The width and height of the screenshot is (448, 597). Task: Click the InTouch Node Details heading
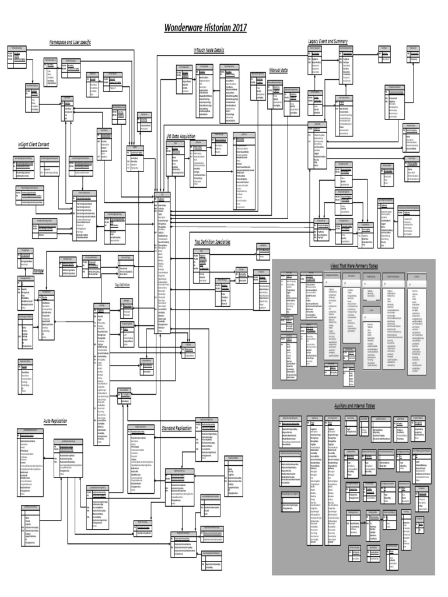click(x=208, y=51)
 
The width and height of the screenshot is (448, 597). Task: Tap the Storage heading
click(x=38, y=271)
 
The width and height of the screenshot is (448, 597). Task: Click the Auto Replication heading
click(x=55, y=420)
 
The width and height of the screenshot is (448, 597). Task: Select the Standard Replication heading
click(x=176, y=428)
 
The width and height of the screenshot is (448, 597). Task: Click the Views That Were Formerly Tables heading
click(x=354, y=265)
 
